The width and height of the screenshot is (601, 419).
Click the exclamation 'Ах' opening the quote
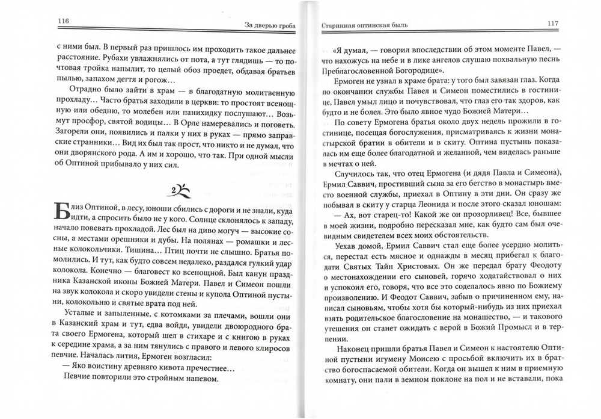tap(352, 219)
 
